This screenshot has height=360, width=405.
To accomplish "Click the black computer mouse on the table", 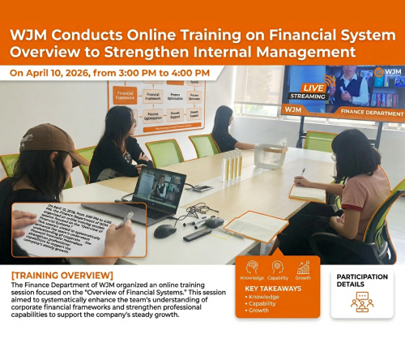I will point(165,230).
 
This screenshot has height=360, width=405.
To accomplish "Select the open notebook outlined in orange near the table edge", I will point(255,225).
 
